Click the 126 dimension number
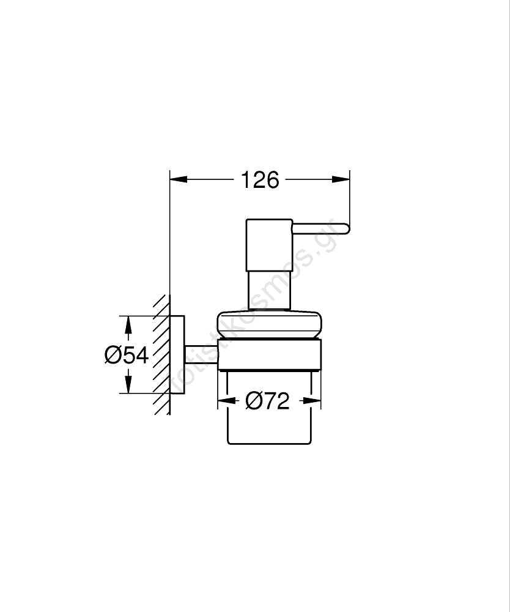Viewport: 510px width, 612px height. (x=260, y=180)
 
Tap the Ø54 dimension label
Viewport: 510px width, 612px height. (x=127, y=355)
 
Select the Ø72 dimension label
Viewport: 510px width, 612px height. (x=267, y=401)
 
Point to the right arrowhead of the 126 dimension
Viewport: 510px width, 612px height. (x=341, y=179)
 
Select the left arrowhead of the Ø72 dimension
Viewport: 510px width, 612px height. (x=227, y=401)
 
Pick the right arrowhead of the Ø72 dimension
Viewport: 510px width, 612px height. (x=312, y=401)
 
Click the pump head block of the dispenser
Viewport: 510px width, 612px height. (x=269, y=245)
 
